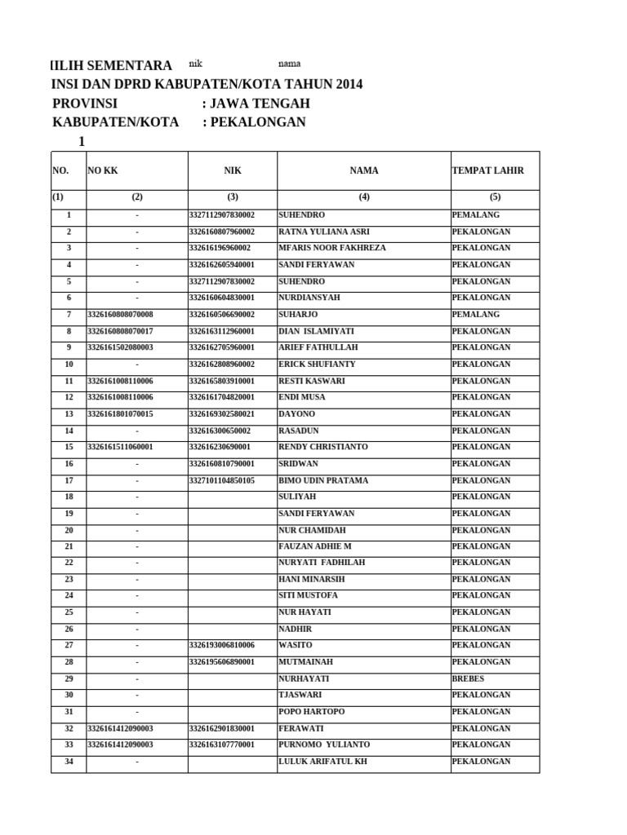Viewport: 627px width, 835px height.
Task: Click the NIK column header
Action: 233,171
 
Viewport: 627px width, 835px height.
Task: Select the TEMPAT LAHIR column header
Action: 487,171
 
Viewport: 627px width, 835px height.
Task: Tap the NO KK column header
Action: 103,171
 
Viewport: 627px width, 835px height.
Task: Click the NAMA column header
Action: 364,171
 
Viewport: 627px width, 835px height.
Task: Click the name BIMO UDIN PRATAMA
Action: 323,481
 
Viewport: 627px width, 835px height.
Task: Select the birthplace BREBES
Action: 468,678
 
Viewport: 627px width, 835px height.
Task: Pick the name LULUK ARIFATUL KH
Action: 324,762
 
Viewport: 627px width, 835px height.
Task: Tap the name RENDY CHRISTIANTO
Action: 323,447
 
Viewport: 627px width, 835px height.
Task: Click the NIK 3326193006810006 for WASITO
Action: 222,645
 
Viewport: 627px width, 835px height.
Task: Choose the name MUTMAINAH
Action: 306,662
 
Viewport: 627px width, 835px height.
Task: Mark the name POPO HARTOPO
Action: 312,712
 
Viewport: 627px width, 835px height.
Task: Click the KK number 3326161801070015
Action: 120,414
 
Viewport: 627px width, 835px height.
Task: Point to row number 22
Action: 69,563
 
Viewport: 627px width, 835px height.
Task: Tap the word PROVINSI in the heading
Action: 85,104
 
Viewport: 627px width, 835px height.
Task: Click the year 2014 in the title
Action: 347,85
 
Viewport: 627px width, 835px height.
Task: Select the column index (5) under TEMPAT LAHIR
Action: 495,197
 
